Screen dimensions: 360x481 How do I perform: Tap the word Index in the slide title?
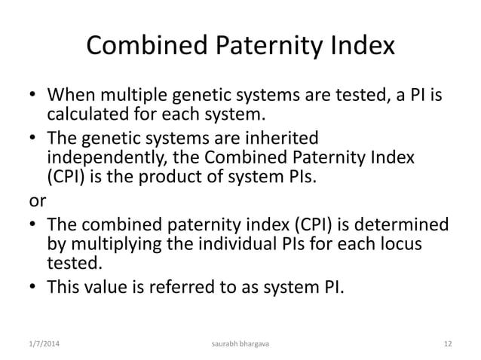[359, 47]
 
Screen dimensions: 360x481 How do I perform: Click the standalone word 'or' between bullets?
[36, 203]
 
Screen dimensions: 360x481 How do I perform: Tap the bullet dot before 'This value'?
[34, 286]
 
